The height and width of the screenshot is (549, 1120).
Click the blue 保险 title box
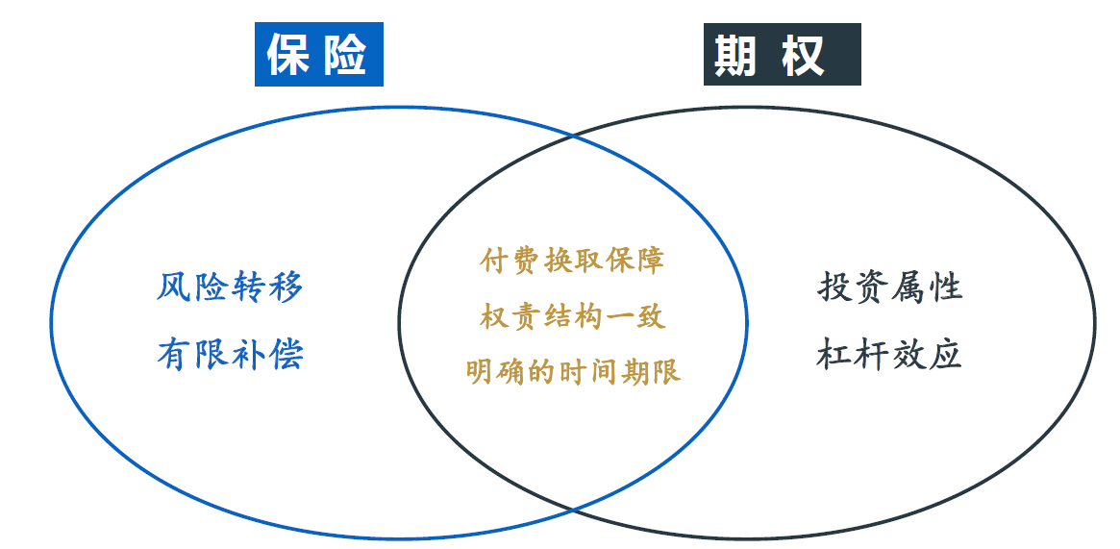click(x=318, y=54)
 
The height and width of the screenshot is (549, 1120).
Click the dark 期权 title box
click(x=783, y=54)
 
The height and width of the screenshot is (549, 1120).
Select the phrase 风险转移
click(x=230, y=287)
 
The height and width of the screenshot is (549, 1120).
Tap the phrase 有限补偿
click(x=230, y=354)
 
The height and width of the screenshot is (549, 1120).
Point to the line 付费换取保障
click(x=572, y=261)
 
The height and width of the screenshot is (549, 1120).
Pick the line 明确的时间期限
click(x=573, y=371)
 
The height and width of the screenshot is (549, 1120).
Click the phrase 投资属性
click(x=890, y=287)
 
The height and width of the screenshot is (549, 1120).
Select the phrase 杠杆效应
click(x=890, y=354)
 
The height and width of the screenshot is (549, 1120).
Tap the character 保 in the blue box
click(x=287, y=54)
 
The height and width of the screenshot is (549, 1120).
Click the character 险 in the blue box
click(x=345, y=54)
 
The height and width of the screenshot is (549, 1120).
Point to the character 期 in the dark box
click(x=735, y=55)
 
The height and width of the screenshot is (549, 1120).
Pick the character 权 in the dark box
click(x=803, y=55)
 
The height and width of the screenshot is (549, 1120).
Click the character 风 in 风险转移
click(x=174, y=287)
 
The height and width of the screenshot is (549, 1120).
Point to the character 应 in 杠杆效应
click(x=945, y=354)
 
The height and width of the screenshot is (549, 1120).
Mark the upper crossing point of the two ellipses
click(x=572, y=135)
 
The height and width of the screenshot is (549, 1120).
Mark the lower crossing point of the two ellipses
click(x=572, y=509)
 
